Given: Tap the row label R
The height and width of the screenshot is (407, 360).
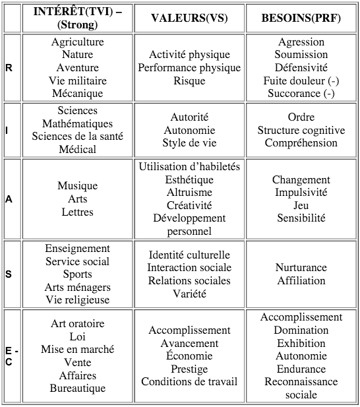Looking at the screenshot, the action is (x=9, y=68).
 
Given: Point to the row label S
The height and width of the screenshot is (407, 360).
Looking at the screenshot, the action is (x=9, y=274).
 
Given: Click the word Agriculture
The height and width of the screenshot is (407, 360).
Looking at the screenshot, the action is (x=78, y=42).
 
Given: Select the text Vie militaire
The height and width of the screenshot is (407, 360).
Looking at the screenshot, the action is (x=78, y=80).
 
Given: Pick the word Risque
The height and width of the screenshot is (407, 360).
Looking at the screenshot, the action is (x=189, y=81).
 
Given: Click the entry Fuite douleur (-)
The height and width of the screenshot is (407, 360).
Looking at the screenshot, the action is (x=301, y=81).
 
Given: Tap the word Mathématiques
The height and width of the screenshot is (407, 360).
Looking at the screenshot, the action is (x=78, y=124).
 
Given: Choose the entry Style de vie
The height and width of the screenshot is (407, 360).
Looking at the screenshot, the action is (x=189, y=143).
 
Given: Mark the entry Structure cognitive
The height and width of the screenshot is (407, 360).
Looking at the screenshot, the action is (x=301, y=131).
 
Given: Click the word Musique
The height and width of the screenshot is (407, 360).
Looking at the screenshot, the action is (x=78, y=186).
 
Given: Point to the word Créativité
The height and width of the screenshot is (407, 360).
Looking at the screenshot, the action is (x=189, y=205).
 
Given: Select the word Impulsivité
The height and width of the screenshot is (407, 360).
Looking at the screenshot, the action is (x=301, y=193).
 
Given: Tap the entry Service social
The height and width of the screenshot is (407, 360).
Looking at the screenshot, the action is (x=78, y=261).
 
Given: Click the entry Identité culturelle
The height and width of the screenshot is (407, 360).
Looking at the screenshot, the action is (x=189, y=255).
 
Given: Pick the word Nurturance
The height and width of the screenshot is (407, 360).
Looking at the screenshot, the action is (x=301, y=268).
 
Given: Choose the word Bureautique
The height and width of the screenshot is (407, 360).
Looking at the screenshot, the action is (x=78, y=389).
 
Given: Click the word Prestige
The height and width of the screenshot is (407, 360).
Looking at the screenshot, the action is (x=189, y=369).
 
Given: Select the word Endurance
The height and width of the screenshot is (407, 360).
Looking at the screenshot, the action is (x=301, y=369).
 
